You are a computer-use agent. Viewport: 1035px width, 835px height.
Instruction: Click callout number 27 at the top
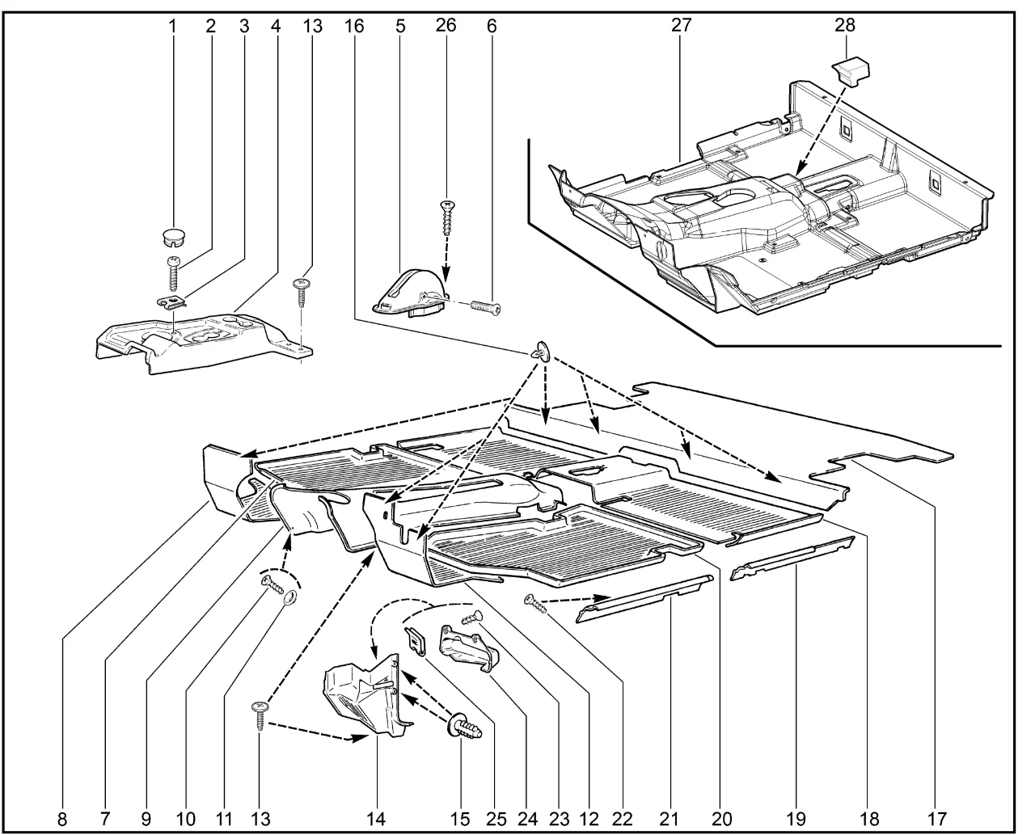tap(680, 25)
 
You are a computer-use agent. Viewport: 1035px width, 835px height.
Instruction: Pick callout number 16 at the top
tap(353, 25)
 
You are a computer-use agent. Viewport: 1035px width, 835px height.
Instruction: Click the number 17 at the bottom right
tap(936, 818)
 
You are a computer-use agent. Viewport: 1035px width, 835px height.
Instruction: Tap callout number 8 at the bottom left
tap(62, 818)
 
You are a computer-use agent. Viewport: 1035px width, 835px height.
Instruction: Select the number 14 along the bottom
tap(378, 818)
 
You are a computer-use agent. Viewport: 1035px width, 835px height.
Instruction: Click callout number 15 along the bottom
tap(460, 818)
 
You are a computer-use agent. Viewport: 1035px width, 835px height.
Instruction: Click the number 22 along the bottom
tap(622, 818)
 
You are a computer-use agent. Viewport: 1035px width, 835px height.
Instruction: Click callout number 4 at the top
tap(276, 25)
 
